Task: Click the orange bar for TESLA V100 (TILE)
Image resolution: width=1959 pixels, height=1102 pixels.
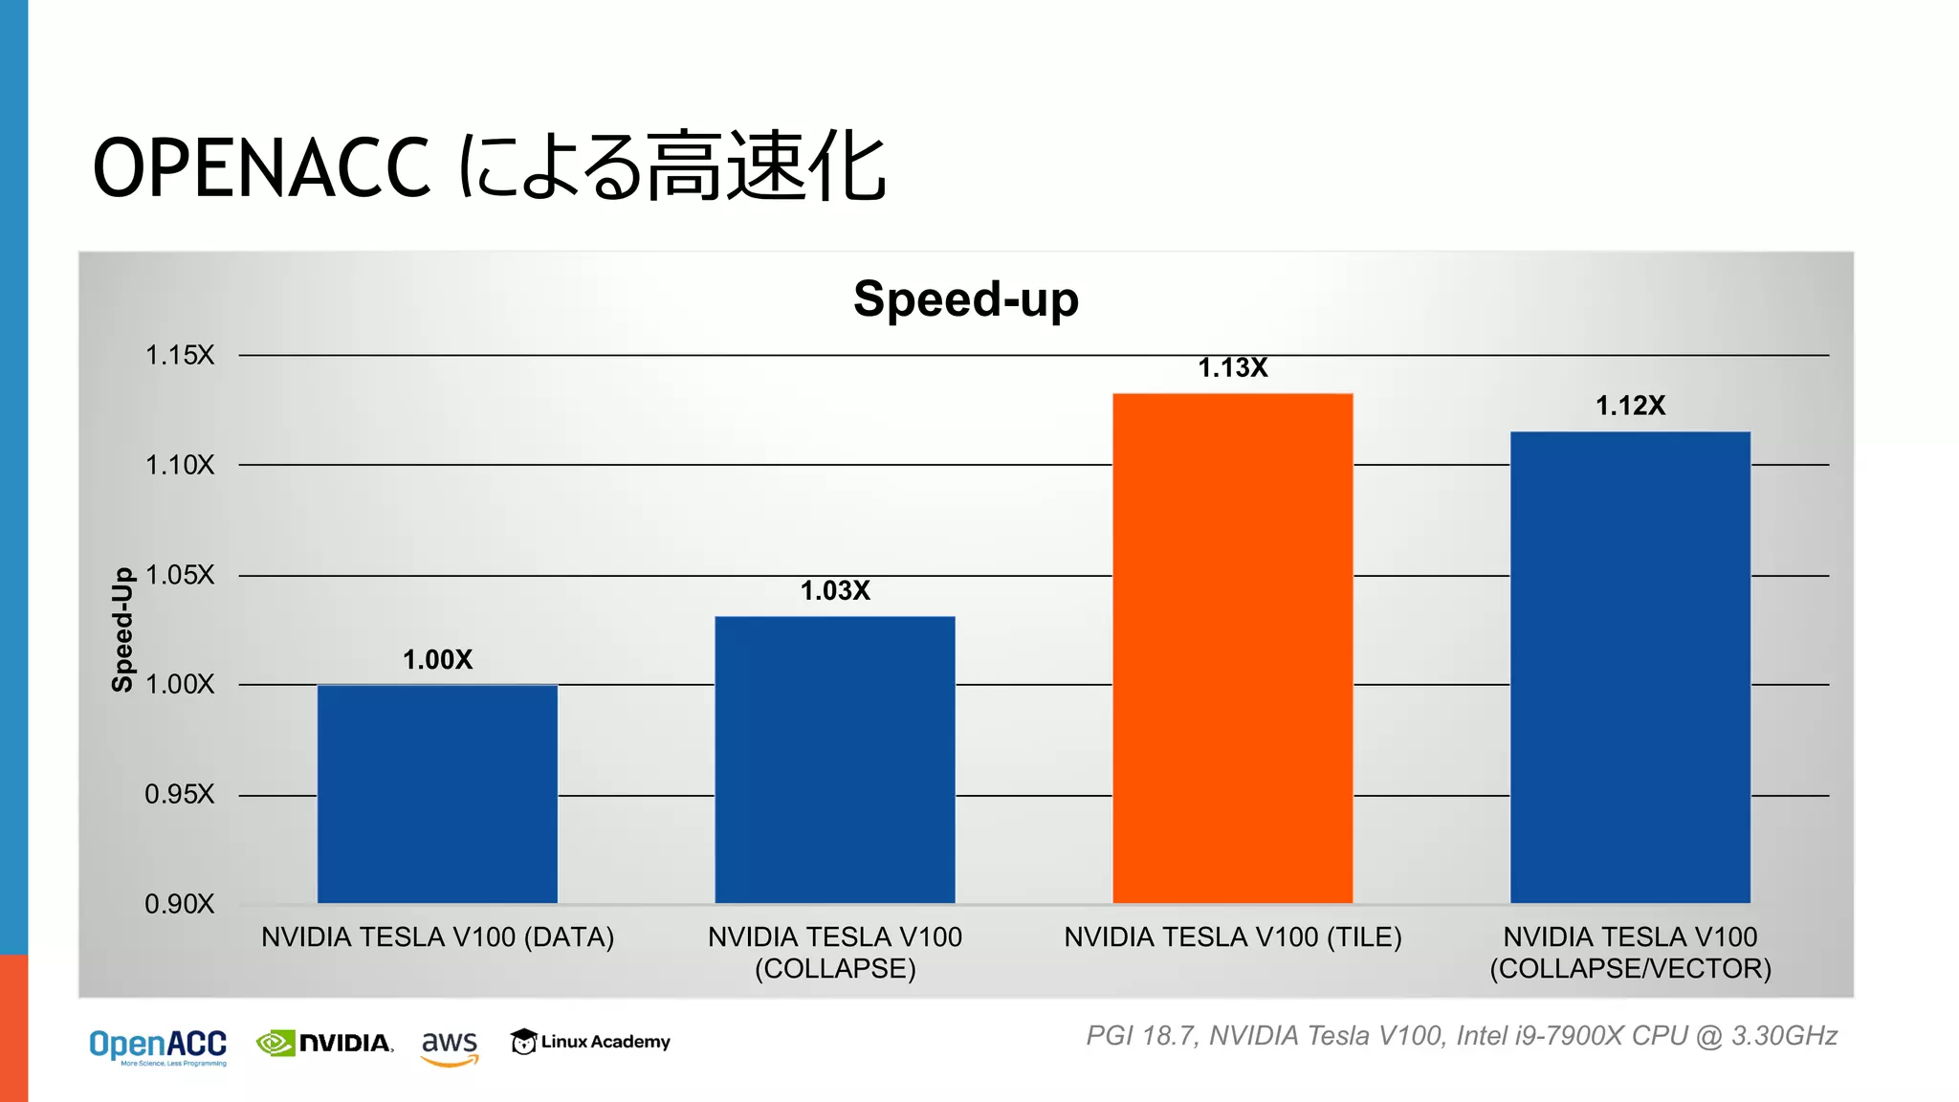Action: tap(1232, 648)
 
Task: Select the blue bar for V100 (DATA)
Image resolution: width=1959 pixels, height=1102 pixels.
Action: tap(437, 794)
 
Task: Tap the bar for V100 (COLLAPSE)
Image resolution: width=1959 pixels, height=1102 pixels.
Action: tap(835, 760)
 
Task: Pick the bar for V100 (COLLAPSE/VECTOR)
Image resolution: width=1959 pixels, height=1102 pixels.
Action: tap(1630, 667)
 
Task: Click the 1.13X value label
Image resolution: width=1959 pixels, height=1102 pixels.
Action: tap(1232, 368)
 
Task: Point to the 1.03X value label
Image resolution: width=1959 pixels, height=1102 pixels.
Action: tap(835, 591)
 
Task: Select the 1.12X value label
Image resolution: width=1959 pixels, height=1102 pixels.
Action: tap(1630, 407)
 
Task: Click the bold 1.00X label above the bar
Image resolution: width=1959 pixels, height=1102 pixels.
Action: tap(437, 660)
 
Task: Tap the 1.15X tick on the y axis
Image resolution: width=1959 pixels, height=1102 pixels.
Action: tap(180, 356)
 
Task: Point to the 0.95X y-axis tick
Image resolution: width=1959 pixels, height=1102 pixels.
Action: tap(180, 795)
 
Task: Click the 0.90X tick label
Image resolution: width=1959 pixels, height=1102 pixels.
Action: tap(180, 904)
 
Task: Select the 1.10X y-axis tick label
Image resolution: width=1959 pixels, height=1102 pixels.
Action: tap(180, 466)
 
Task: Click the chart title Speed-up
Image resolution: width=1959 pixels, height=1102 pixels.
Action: tap(966, 299)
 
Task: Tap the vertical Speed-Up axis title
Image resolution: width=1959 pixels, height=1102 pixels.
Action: tap(122, 629)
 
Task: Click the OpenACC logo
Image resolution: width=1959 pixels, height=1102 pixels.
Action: tap(158, 1046)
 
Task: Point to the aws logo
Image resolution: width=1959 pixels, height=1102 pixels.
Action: tap(450, 1046)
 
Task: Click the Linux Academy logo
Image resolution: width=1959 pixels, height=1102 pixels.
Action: tap(590, 1042)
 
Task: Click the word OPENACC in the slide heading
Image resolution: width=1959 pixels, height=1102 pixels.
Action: tap(261, 168)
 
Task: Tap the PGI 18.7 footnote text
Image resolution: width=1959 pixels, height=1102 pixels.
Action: tap(1461, 1036)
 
